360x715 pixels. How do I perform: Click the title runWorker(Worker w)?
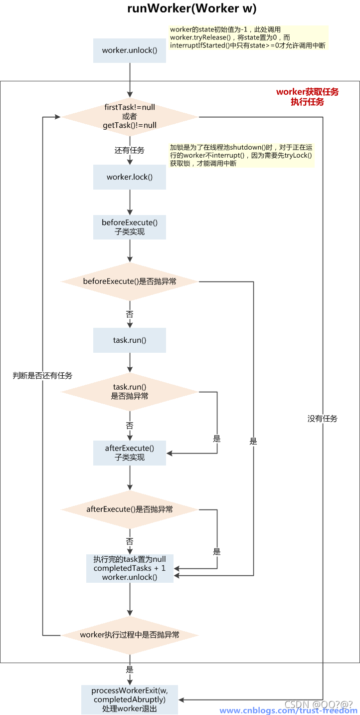coord(192,9)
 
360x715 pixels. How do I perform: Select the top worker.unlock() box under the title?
coord(130,50)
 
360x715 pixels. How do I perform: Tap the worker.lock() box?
coord(130,177)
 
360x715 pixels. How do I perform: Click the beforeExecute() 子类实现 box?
coord(130,227)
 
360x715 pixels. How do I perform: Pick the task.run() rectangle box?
coord(130,340)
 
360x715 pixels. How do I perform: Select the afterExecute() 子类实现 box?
coord(130,453)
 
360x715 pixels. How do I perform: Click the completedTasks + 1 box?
coord(130,568)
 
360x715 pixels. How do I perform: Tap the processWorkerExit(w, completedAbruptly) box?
coord(130,699)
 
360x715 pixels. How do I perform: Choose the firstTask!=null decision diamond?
coord(130,117)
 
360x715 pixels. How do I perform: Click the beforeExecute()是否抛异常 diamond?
coord(130,281)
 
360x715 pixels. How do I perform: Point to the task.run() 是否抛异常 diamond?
coord(130,392)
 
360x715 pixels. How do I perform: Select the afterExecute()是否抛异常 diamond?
coord(130,509)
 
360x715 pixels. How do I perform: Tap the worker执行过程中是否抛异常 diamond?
coord(130,635)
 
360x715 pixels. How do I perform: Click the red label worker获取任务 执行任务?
coord(307,97)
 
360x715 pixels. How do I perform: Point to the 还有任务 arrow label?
coord(130,150)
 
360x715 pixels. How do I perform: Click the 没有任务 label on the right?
coord(323,419)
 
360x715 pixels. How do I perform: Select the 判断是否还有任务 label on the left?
coord(42,376)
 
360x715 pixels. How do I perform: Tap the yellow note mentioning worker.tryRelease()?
coord(248,38)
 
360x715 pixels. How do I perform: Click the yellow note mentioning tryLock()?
coord(241,156)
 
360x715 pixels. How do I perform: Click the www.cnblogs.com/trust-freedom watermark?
coord(288,711)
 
